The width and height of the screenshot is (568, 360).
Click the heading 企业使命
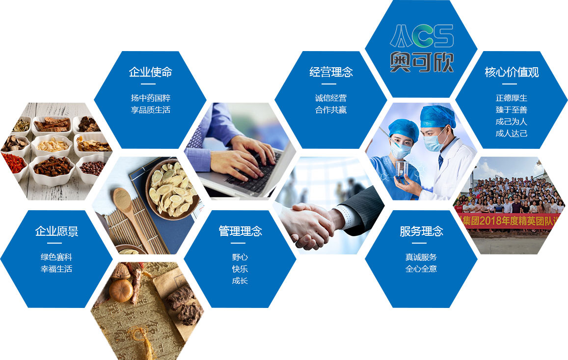pos(150,72)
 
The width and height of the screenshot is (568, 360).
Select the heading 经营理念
pos(331,72)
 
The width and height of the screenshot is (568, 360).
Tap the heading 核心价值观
pos(512,72)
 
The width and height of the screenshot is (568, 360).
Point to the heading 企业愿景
pos(56,231)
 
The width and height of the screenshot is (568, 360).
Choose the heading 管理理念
pos(240,231)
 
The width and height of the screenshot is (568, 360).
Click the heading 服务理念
pos(421,231)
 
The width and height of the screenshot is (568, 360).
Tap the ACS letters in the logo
pos(422,36)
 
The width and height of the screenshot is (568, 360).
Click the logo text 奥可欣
pos(422,61)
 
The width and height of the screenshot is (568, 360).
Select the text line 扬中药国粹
pos(150,98)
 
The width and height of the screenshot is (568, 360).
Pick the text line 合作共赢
pos(331,110)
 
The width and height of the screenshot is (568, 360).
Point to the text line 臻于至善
pos(512,110)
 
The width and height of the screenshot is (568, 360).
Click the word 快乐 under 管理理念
pos(240,269)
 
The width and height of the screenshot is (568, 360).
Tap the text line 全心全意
pos(421,269)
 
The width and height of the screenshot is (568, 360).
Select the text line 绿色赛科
pos(56,257)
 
